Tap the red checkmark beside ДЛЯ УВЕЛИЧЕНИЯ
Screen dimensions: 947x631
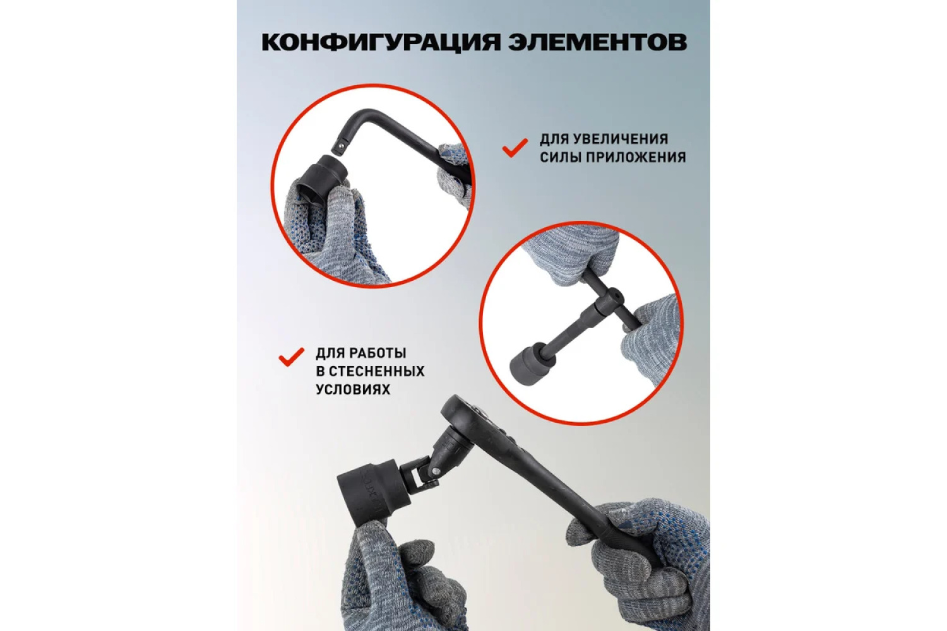515,148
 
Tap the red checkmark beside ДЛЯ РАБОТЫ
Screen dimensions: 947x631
291,357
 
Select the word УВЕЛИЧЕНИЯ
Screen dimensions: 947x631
625,139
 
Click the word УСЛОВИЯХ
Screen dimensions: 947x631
353,390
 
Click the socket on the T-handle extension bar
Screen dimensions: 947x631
528,358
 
